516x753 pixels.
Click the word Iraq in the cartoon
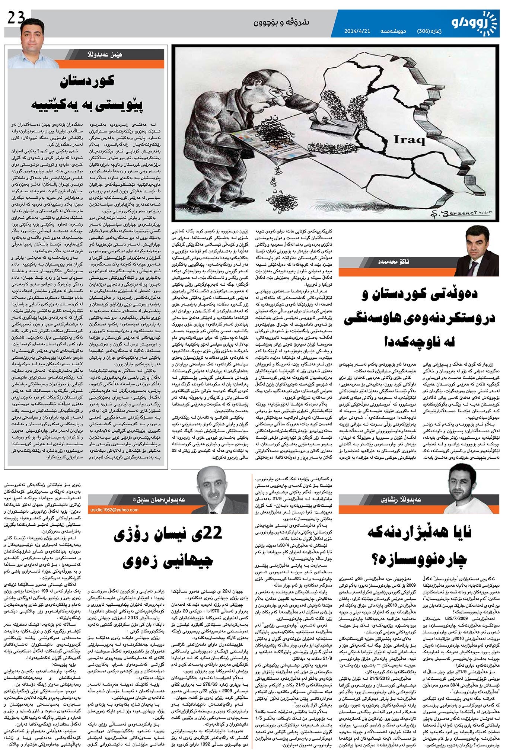point(410,140)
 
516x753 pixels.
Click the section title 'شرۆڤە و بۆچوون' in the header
point(281,22)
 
